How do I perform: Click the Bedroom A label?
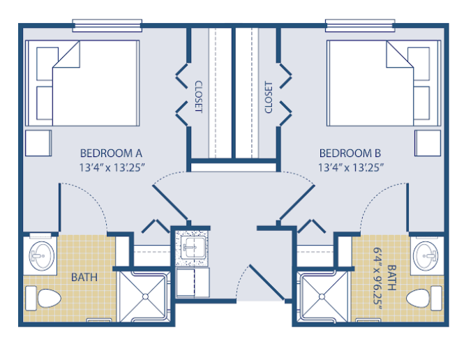[x=111, y=153]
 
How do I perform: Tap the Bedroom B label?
[x=350, y=153]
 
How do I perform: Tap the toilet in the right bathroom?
[x=424, y=298]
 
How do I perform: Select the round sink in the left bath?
[x=42, y=256]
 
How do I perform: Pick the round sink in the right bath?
[x=426, y=256]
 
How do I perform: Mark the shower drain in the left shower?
[x=145, y=297]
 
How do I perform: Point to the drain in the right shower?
[x=322, y=297]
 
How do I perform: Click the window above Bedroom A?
[x=107, y=26]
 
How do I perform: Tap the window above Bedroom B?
[x=360, y=26]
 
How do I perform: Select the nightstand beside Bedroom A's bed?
[x=38, y=143]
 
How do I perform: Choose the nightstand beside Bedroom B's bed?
[x=428, y=143]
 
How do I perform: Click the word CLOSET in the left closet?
[x=199, y=96]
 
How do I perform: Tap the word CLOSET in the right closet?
[x=268, y=97]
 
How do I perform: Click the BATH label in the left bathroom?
[x=84, y=277]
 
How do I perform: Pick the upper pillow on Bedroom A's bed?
[x=47, y=63]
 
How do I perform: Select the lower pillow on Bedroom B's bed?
[x=421, y=103]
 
